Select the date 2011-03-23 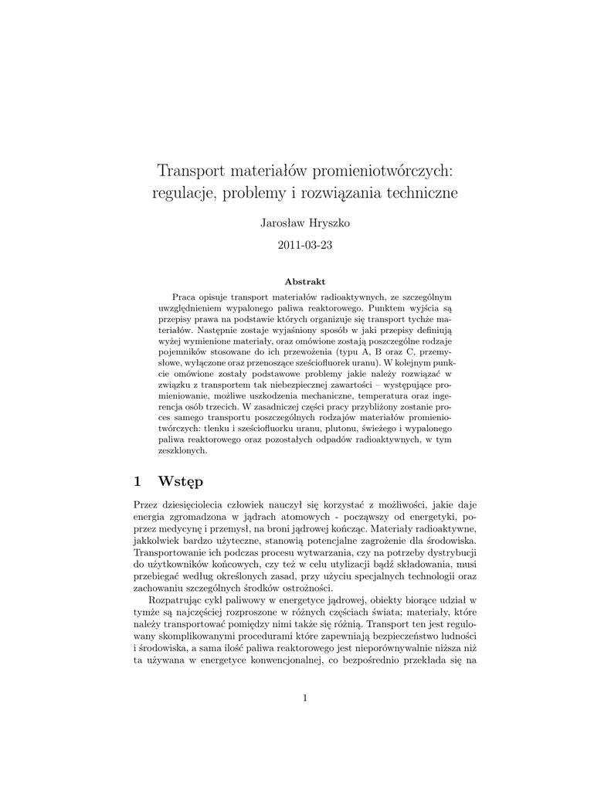click(305, 246)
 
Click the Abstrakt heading click(305, 281)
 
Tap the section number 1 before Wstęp click(137, 481)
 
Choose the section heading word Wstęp click(180, 482)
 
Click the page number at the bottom click(305, 698)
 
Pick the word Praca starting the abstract click(185, 296)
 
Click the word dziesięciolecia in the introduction click(199, 504)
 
